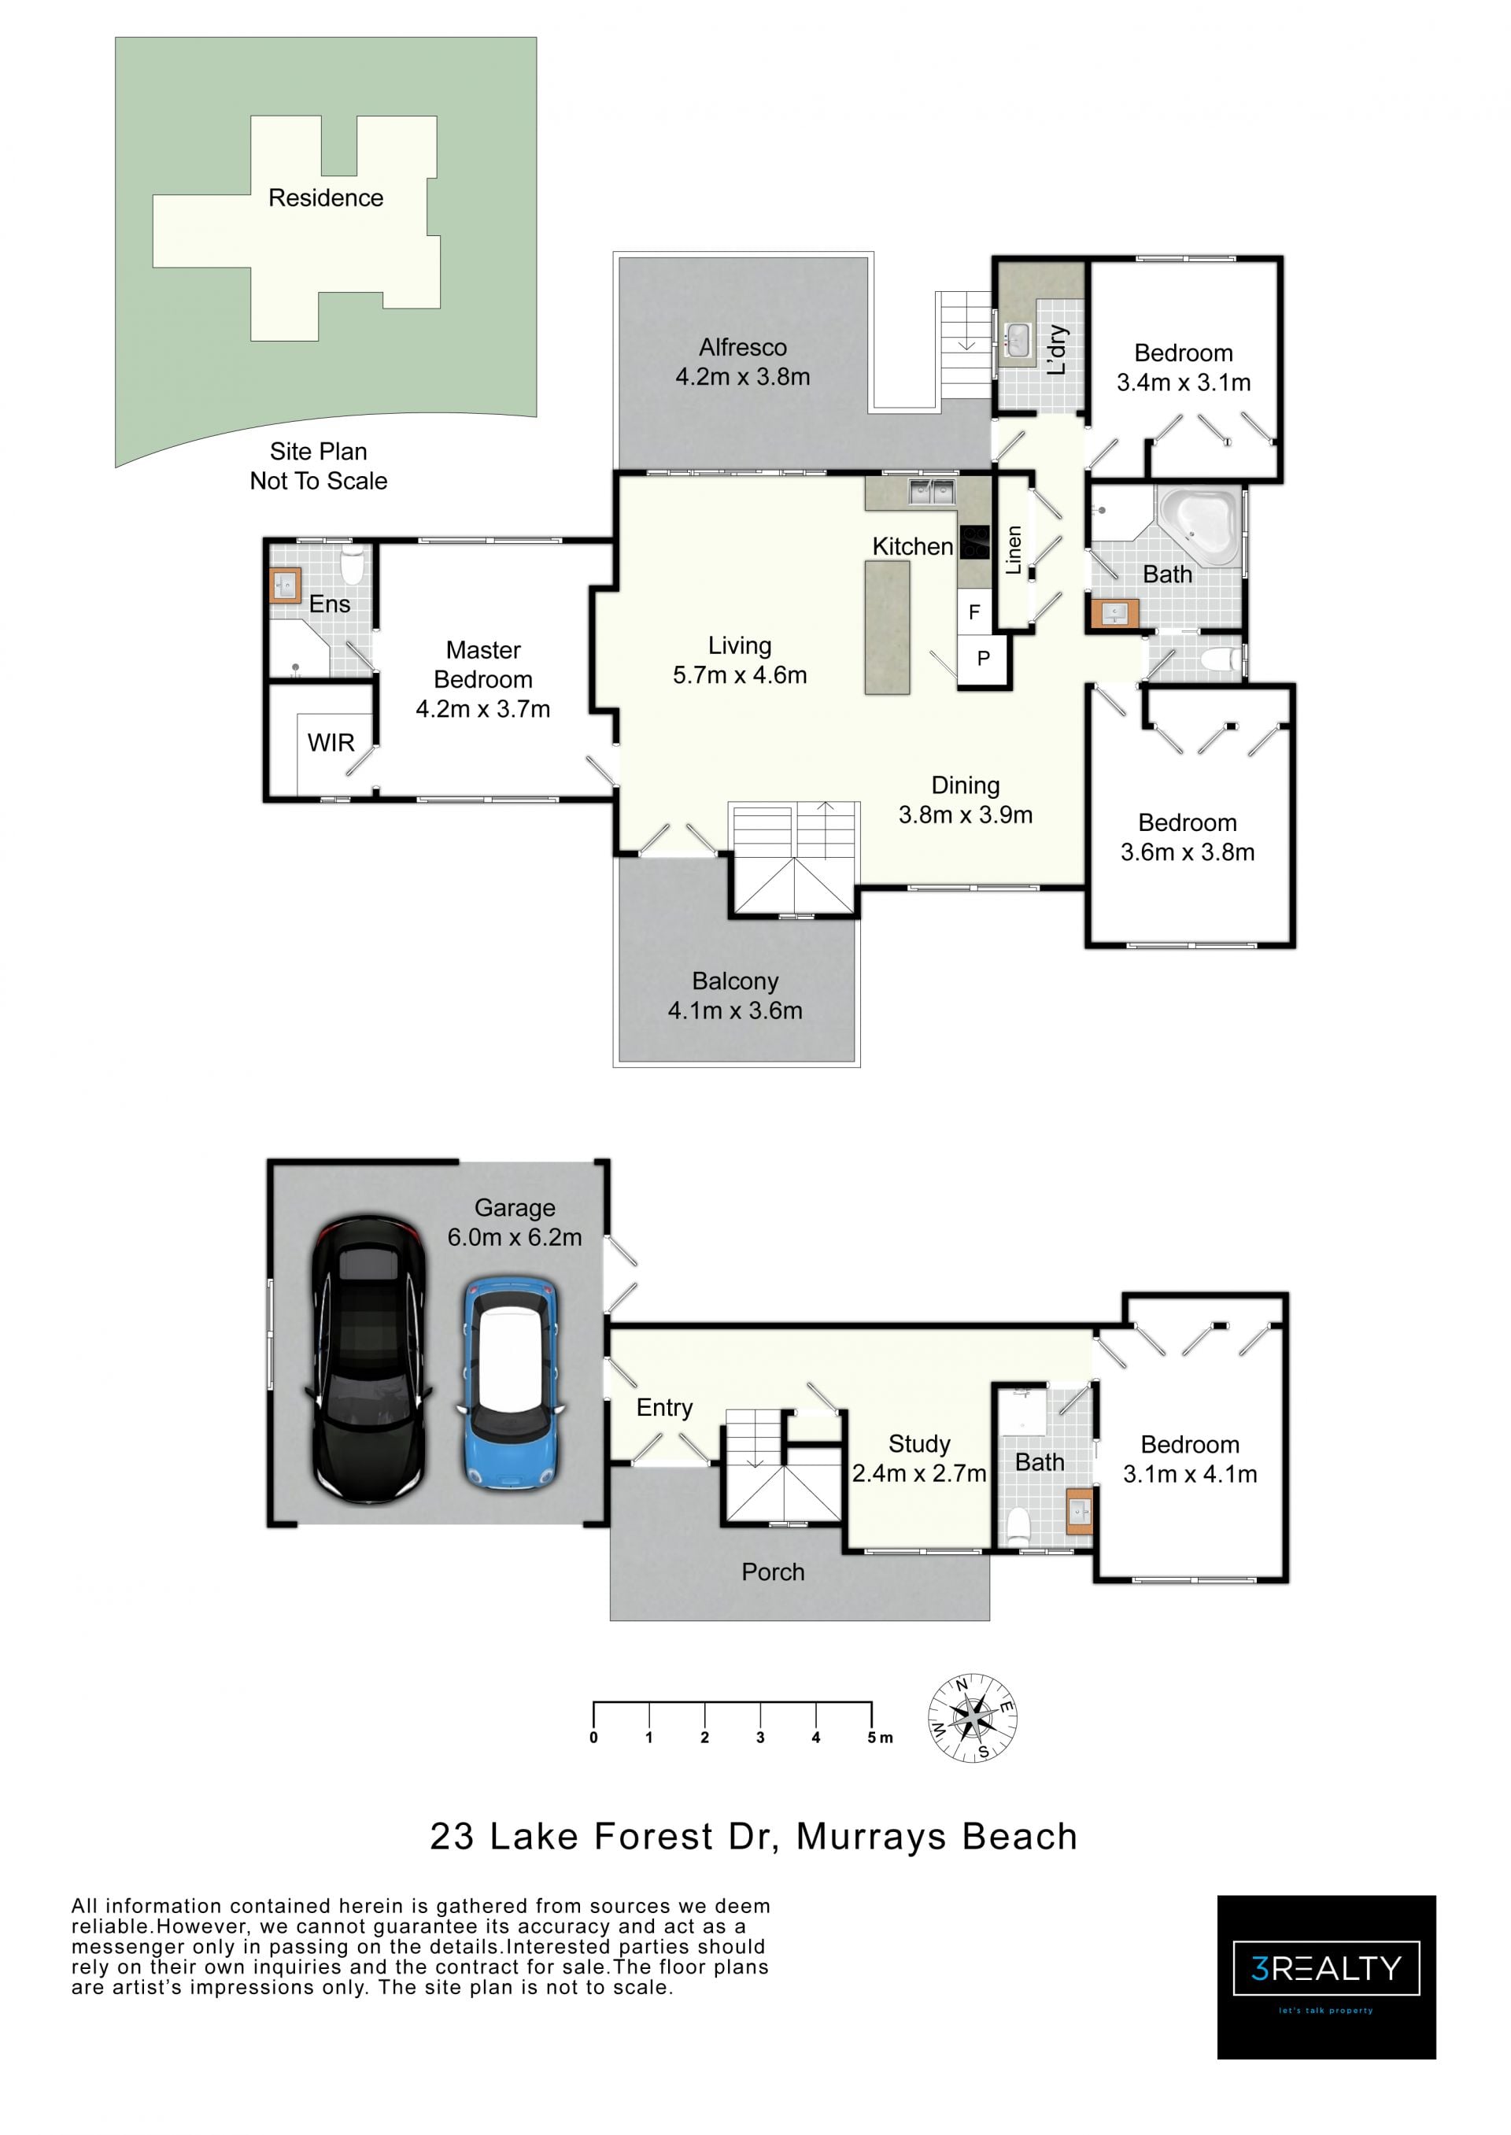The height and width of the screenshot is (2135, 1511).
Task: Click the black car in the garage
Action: click(x=368, y=1360)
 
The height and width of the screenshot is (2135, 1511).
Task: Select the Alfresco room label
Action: click(x=742, y=347)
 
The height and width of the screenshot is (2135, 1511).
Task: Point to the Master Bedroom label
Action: click(x=483, y=664)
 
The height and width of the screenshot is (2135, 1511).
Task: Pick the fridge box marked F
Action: click(x=974, y=611)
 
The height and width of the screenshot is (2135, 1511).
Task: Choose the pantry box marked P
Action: click(x=982, y=659)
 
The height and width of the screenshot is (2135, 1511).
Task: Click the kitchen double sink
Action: click(x=931, y=490)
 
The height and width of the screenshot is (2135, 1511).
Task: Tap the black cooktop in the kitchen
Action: click(x=974, y=542)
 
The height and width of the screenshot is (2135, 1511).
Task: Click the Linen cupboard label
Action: click(x=1013, y=550)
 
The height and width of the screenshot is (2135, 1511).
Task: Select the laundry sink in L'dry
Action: click(x=1018, y=339)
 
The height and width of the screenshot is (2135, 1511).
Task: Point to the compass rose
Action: click(x=972, y=1717)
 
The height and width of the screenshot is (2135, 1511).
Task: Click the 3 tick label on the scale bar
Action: click(x=760, y=1737)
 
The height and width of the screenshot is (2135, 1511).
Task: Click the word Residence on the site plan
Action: click(x=326, y=198)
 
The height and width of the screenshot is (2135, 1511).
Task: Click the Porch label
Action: click(x=772, y=1572)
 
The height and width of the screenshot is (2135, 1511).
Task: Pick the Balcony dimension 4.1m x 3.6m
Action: click(x=735, y=1010)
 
